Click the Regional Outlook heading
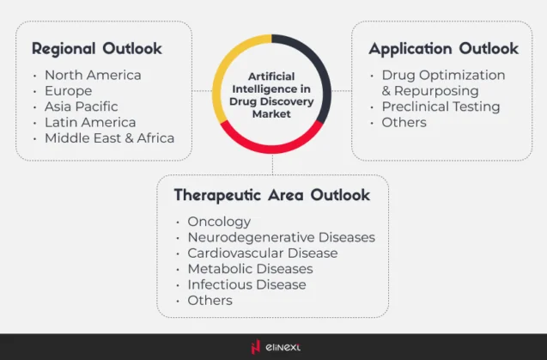pos(96,49)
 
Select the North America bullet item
pos(93,75)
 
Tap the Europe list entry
pos(68,90)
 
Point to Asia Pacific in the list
pos(82,107)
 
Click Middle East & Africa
pos(109,137)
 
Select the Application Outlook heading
pos(443,49)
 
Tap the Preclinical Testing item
pos(441,107)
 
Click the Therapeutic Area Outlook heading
pos(271,195)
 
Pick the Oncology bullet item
pos(219,222)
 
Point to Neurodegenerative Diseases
pos(281,237)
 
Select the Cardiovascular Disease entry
pos(262,253)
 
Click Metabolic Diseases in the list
pos(250,269)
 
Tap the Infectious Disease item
pos(246,284)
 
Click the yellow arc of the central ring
pos(225,64)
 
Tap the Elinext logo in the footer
pos(272,347)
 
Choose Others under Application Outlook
pos(404,122)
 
